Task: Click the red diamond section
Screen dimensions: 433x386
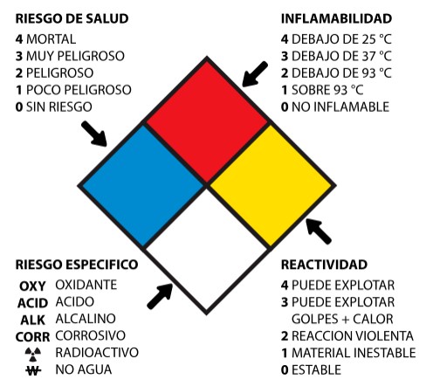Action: [207, 122]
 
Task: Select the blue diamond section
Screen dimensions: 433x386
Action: [143, 186]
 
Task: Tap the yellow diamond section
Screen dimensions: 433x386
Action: [271, 186]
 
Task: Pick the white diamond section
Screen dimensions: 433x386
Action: [207, 250]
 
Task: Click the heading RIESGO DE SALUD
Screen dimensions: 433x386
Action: [72, 18]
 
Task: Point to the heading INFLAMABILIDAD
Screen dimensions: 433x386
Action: [336, 18]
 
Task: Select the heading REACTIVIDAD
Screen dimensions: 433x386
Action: [324, 265]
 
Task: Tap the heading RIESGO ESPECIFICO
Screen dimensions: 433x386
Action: [77, 265]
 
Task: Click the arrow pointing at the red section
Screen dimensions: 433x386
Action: [255, 74]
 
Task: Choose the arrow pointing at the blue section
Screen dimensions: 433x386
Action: [94, 134]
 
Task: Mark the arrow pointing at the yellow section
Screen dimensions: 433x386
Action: [319, 231]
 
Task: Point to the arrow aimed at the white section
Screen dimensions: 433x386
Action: [160, 296]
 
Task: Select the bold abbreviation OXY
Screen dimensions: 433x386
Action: [32, 286]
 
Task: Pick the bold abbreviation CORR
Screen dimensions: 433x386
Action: [32, 337]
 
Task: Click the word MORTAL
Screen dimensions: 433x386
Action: [52, 39]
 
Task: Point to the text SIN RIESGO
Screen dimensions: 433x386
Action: [59, 107]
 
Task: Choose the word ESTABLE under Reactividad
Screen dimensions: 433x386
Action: [316, 370]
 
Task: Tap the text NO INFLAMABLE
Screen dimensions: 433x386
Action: [340, 107]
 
